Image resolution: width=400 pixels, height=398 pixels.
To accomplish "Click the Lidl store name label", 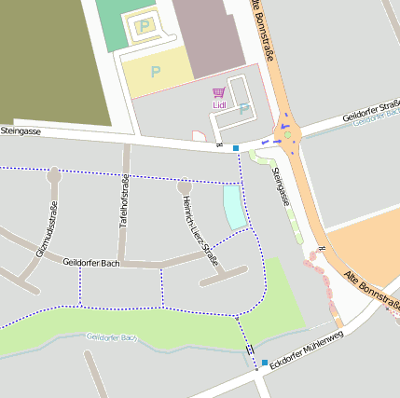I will coord(220,105).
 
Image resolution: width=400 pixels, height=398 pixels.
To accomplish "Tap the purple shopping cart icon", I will coord(219,93).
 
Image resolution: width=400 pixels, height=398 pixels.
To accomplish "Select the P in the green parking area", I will coord(144,26).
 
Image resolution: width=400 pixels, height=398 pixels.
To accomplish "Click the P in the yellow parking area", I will coord(156,70).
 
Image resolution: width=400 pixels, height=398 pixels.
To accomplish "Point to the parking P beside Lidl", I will coord(243,109).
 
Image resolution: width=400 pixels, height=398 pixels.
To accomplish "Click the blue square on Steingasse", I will coord(236,148).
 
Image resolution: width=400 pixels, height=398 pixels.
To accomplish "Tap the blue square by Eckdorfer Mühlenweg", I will coord(265,363).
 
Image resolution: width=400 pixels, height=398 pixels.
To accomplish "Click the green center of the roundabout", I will coord(288,135).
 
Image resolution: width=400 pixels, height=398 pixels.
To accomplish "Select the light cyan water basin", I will coord(233,206).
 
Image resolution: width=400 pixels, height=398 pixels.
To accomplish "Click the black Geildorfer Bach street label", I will coord(92,264).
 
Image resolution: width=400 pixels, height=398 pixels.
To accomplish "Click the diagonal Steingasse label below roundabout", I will coord(281,185).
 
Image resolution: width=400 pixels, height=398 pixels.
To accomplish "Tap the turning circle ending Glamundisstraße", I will coord(54,174).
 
